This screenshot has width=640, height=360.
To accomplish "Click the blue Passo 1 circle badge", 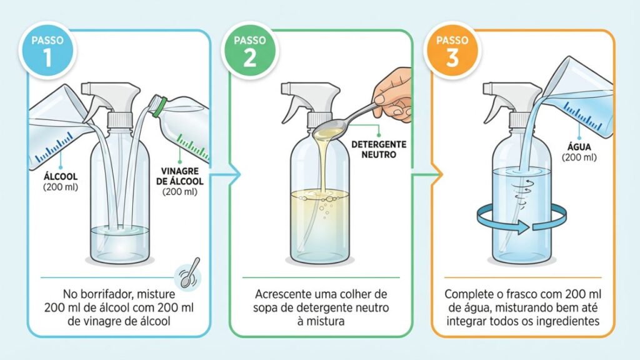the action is [47, 51].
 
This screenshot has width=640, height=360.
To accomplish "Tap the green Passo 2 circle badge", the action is [250, 51].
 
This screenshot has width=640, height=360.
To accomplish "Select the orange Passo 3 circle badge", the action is [452, 51].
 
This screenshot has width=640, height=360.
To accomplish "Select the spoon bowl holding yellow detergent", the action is [327, 131].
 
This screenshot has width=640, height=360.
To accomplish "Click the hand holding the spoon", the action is [394, 95].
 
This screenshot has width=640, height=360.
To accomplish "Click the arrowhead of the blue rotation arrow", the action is [523, 227].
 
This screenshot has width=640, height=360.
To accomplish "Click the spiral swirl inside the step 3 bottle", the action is [522, 194].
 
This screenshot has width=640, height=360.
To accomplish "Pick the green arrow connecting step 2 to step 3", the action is [427, 175].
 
